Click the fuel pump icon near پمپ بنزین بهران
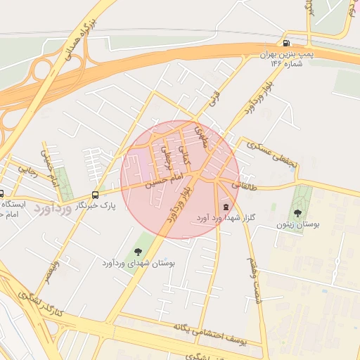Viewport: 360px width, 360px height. pyautogui.click(x=285, y=42)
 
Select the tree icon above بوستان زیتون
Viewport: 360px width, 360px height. pyautogui.click(x=299, y=211)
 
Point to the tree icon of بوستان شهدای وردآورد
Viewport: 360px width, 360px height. pyautogui.click(x=138, y=251)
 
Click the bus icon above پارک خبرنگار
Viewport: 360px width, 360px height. pyautogui.click(x=95, y=195)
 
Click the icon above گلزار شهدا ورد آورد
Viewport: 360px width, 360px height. pyautogui.click(x=225, y=207)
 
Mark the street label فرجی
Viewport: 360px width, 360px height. pyautogui.click(x=214, y=98)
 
